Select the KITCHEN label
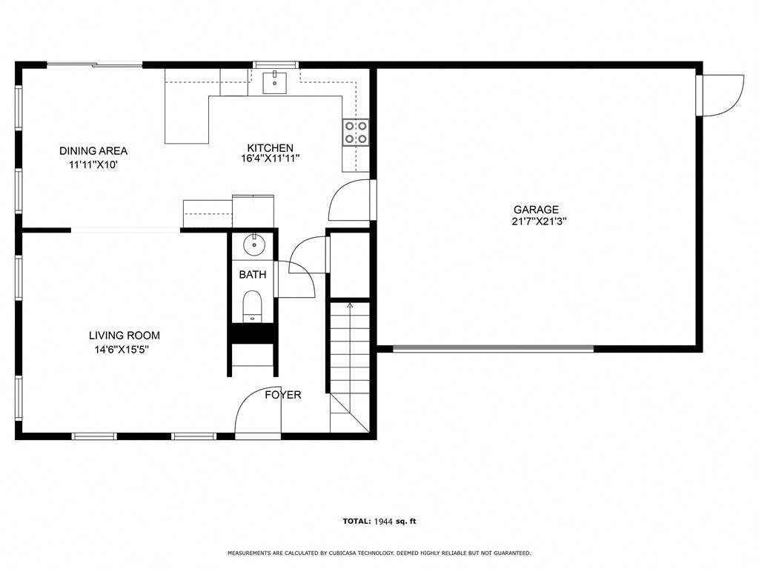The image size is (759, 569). [270, 148]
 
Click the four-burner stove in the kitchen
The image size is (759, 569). [356, 132]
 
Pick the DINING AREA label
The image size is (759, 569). [93, 151]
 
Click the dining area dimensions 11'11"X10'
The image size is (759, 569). [93, 164]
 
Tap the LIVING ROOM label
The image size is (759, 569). [125, 336]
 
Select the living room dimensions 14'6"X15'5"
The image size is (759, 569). [125, 349]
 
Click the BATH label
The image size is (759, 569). [252, 275]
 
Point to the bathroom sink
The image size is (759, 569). [253, 243]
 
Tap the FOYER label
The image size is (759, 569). [283, 395]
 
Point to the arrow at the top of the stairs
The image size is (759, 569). [349, 305]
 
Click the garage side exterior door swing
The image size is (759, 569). [721, 95]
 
